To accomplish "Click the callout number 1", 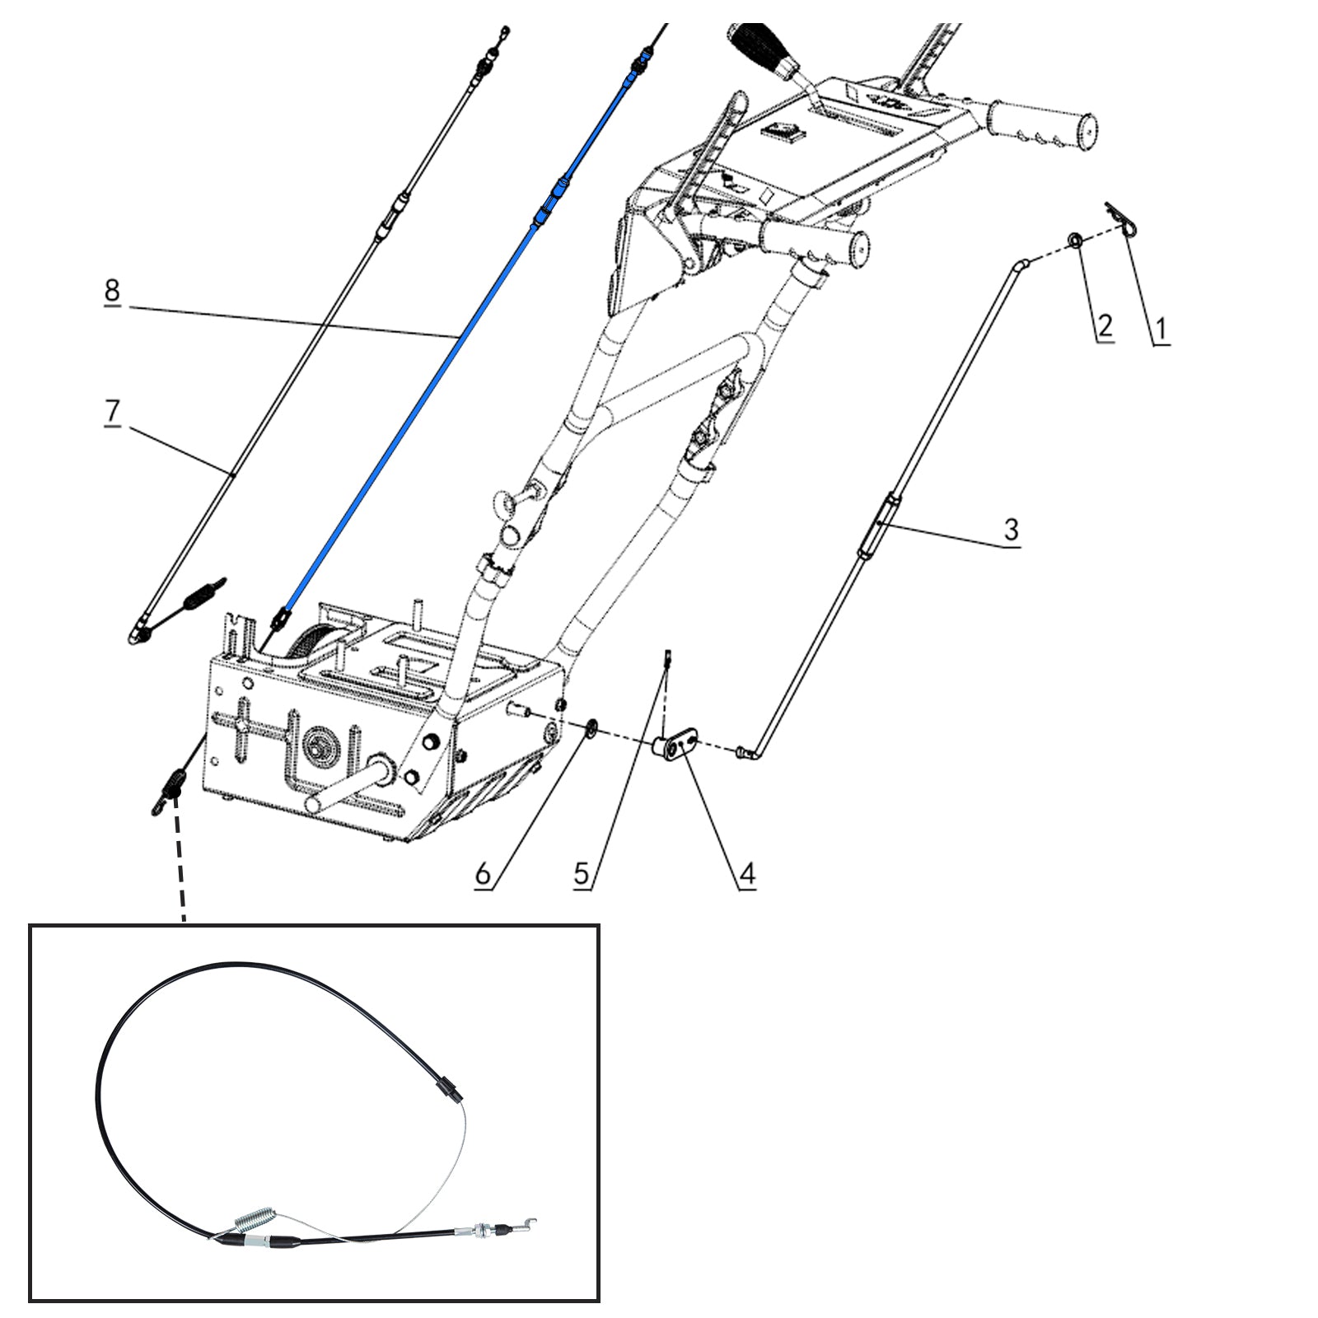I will (1160, 329).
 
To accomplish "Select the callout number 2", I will (1105, 325).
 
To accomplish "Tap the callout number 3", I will (1012, 528).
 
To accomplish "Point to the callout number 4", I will (747, 873).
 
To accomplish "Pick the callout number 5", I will (582, 873).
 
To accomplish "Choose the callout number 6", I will (484, 873).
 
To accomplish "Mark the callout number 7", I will (112, 410).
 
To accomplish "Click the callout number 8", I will (112, 290).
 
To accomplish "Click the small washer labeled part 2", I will (1074, 241).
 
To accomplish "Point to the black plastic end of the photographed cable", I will (449, 1090).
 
